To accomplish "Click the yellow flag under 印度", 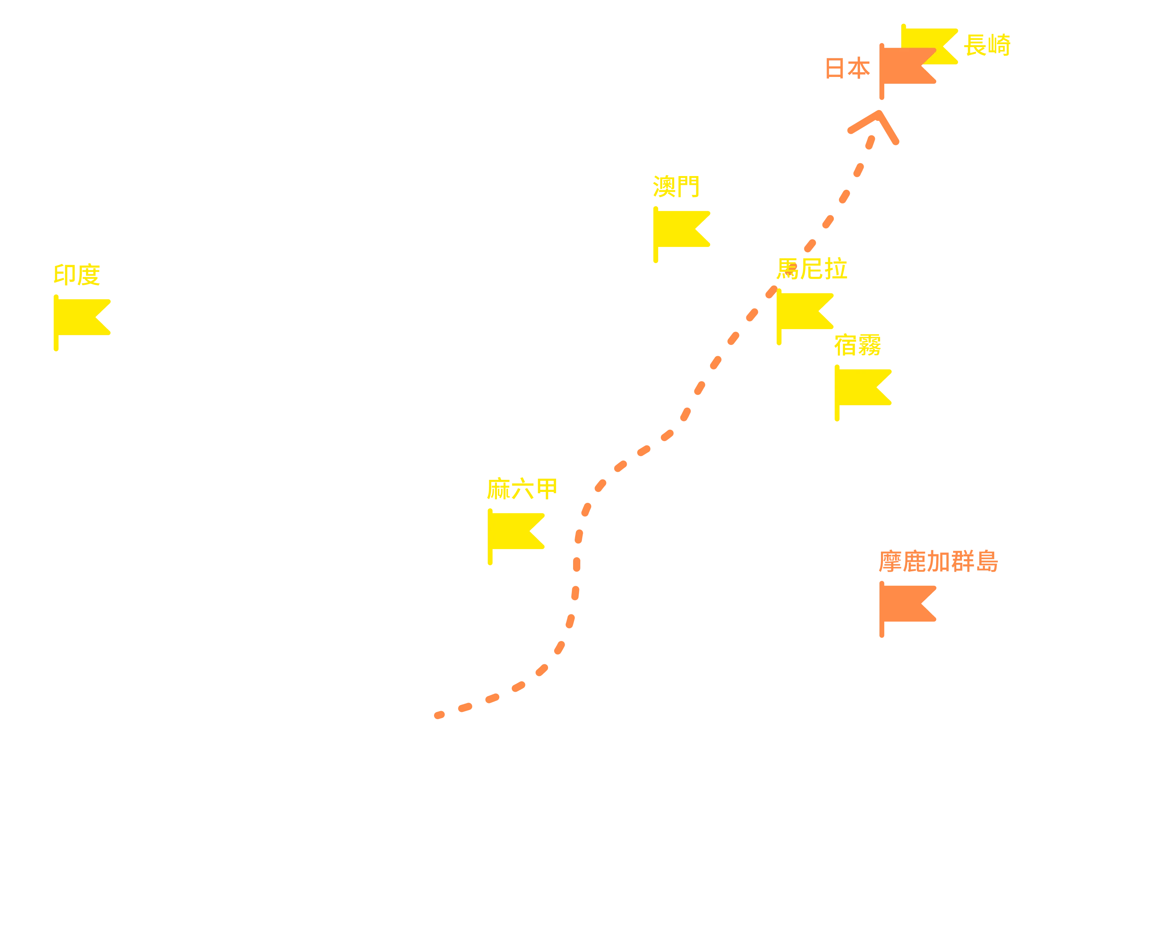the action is tap(82, 322).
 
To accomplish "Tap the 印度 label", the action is tap(77, 275).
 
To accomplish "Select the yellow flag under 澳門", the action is tap(681, 234).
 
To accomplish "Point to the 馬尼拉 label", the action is tap(812, 269).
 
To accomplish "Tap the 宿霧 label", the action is tap(858, 345).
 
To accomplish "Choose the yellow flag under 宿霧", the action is tap(863, 392).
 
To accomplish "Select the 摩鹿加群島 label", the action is tap(939, 562).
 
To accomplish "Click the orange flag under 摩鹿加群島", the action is tap(908, 609).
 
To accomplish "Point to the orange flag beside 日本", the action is tap(908, 71).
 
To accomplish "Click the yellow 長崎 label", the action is tap(987, 45).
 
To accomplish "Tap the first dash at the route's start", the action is tap(439, 715).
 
